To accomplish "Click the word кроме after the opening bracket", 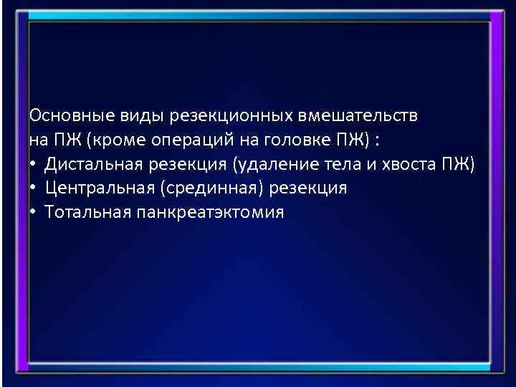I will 113,140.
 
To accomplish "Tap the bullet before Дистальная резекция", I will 34,164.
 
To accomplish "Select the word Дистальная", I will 95,164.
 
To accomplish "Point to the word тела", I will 336,164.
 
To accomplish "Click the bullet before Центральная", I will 34,188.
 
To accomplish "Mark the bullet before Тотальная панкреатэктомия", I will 34,213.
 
